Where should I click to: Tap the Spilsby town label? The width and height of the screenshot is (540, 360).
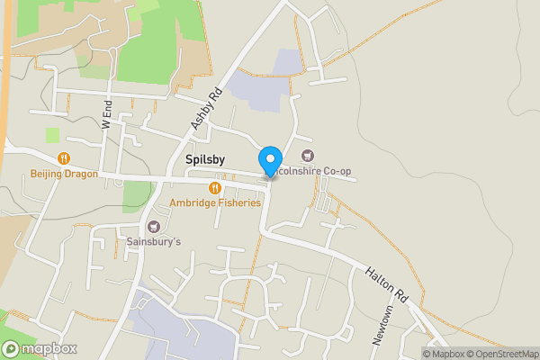click(206, 159)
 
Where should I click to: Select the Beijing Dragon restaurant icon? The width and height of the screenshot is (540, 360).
click(64, 158)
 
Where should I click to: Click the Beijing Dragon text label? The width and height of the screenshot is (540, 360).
click(64, 174)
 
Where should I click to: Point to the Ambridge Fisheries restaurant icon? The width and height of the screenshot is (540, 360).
click(214, 187)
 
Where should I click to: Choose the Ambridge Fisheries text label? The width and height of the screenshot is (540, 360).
click(215, 202)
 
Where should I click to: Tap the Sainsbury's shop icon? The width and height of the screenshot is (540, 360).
click(153, 227)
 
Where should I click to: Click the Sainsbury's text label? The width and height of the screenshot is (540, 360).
click(153, 242)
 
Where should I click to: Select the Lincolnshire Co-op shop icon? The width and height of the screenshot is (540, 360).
click(309, 157)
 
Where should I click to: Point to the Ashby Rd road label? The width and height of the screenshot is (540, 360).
click(202, 109)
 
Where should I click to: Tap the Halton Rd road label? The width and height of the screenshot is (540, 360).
click(388, 283)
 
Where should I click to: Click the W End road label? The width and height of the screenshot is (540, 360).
click(107, 120)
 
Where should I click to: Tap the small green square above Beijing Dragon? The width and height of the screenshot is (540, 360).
click(52, 135)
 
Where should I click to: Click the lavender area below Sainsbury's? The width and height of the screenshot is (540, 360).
click(180, 324)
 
